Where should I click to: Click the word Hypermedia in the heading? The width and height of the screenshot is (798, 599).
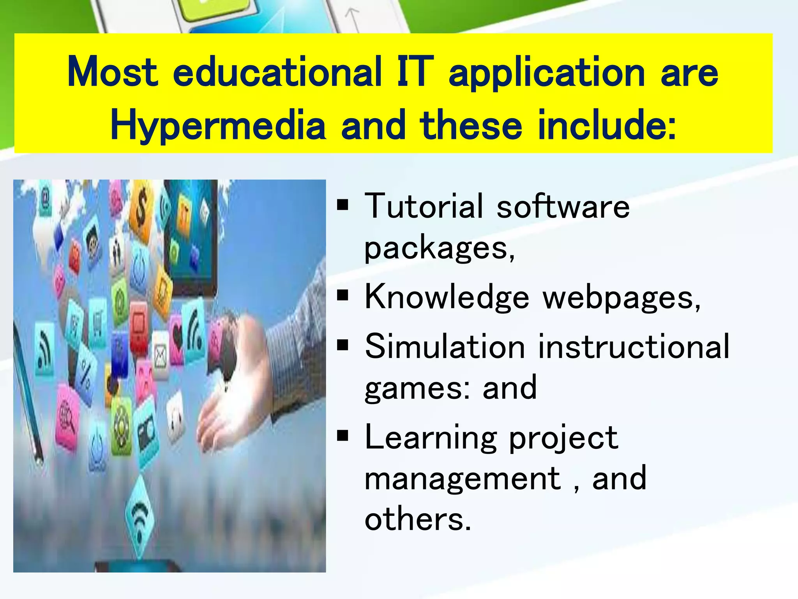(x=218, y=126)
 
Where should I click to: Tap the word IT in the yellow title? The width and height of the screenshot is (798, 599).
(x=415, y=73)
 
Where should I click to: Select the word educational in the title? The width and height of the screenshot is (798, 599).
(x=277, y=73)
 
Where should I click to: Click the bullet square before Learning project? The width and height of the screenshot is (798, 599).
(x=343, y=436)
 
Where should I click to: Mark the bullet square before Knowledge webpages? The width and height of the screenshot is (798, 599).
(x=343, y=296)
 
